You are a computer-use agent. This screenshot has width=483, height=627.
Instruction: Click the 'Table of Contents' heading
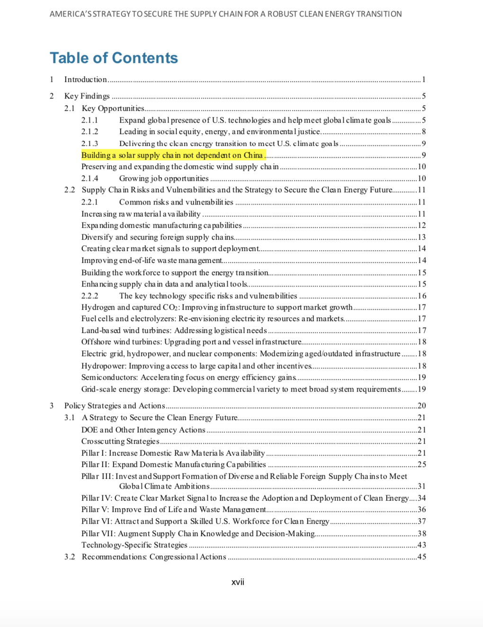[114, 58]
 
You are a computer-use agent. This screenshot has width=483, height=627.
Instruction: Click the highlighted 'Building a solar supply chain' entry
[172, 155]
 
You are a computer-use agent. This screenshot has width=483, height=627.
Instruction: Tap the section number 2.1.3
[89, 143]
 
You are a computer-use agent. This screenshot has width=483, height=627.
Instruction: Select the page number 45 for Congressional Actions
[421, 557]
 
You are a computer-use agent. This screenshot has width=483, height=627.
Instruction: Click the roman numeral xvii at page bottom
[238, 582]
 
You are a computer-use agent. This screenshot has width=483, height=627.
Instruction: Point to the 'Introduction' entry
[86, 80]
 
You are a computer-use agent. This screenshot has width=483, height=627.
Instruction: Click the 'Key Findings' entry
[87, 96]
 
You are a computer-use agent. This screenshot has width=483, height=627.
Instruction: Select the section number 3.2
[70, 557]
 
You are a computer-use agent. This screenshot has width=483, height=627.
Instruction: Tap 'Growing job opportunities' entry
[164, 179]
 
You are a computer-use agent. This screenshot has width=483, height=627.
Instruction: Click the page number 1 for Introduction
[424, 80]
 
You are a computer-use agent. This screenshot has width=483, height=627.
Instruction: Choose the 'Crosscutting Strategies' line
[120, 441]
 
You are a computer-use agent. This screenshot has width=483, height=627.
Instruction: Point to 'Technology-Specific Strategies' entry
[134, 545]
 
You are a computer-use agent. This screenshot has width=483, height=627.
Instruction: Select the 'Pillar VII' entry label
[98, 534]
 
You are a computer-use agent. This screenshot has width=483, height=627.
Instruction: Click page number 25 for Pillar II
[421, 465]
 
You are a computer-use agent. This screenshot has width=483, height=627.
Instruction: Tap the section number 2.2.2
[89, 296]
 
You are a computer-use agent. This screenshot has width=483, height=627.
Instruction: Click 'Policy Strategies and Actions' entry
[115, 406]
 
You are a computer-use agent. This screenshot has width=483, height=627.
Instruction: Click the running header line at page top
[225, 14]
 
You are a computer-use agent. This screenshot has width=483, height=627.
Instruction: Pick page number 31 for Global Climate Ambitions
[421, 486]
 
